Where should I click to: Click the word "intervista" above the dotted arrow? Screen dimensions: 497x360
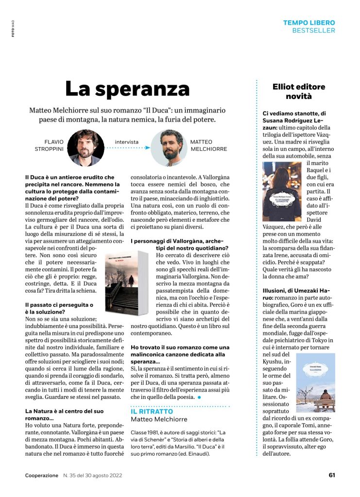(127, 142)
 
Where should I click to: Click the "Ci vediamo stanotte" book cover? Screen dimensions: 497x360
(282, 192)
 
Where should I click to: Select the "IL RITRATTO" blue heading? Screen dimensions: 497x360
(152, 412)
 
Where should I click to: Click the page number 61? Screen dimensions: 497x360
(332, 475)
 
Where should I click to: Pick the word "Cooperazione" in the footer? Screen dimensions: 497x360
(42, 475)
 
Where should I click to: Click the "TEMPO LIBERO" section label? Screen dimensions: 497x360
(309, 23)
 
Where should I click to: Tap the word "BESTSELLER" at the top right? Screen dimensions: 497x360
(313, 31)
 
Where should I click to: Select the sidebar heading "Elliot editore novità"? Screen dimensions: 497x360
(298, 91)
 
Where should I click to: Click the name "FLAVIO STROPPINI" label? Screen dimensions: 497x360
(50, 145)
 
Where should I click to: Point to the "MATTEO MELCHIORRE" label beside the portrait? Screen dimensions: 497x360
(208, 145)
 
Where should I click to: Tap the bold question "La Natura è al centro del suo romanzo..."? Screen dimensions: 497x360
(64, 414)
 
